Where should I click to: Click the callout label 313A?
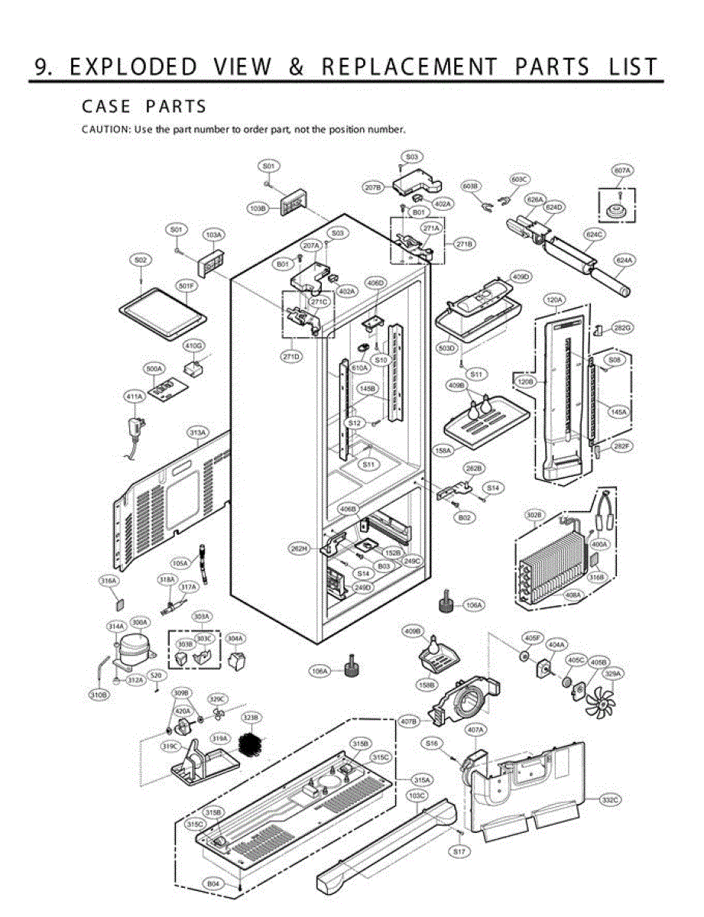[x=197, y=433]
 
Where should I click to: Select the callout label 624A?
[x=625, y=260]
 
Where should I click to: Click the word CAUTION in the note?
[x=105, y=129]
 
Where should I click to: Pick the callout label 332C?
[x=609, y=799]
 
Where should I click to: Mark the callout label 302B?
[x=534, y=515]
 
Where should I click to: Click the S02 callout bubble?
[x=140, y=261]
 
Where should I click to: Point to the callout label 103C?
[x=417, y=795]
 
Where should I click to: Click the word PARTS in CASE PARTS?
[x=176, y=105]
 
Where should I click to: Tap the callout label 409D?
[x=521, y=276]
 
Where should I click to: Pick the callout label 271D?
[x=291, y=356]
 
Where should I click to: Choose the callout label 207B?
[x=372, y=186]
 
